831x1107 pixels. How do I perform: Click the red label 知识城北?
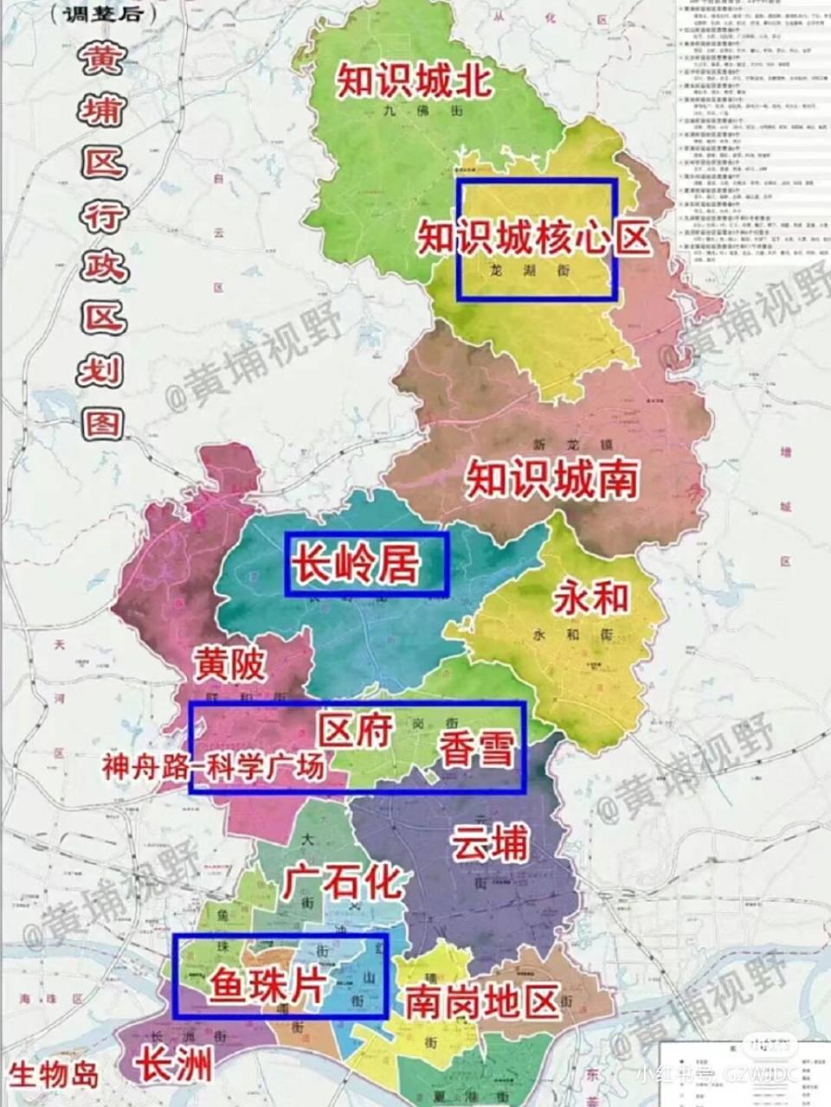415,80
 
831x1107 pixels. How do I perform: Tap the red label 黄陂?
229,664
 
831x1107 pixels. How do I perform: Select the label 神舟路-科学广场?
213,767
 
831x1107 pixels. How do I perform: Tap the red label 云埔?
490,841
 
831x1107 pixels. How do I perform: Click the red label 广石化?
343,882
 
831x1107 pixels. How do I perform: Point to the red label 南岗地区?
481,1002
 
